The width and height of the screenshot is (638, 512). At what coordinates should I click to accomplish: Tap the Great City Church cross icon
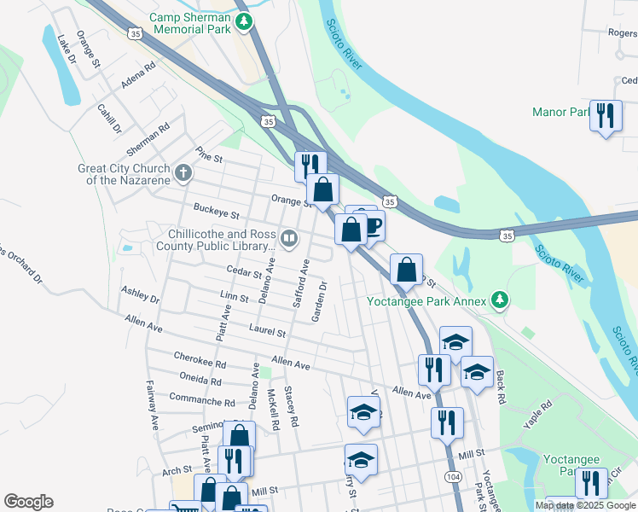182,174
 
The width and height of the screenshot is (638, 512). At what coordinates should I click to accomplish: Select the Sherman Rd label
148,139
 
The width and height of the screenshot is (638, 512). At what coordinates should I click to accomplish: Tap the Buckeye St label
216,210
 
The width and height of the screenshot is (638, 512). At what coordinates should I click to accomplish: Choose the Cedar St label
244,273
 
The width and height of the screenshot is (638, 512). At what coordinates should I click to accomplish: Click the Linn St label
234,297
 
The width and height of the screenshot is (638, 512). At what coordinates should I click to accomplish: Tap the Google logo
28,502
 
